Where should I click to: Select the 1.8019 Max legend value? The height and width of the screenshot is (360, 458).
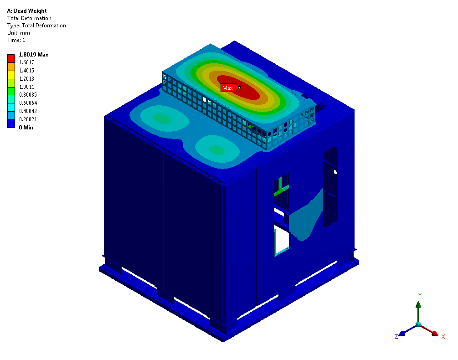point(34,55)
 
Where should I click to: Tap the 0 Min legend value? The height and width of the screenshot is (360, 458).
point(26,128)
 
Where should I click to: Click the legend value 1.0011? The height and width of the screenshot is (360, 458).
point(27,87)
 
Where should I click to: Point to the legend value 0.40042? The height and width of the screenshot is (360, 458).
point(28,111)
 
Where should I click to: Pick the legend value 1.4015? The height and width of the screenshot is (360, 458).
point(27,71)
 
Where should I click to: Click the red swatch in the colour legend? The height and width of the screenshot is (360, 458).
point(11,58)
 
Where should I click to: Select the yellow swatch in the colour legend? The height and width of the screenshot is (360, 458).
point(11,75)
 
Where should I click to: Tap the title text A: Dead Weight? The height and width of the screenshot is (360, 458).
point(27,11)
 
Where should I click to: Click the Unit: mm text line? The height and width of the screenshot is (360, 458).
point(19,33)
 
